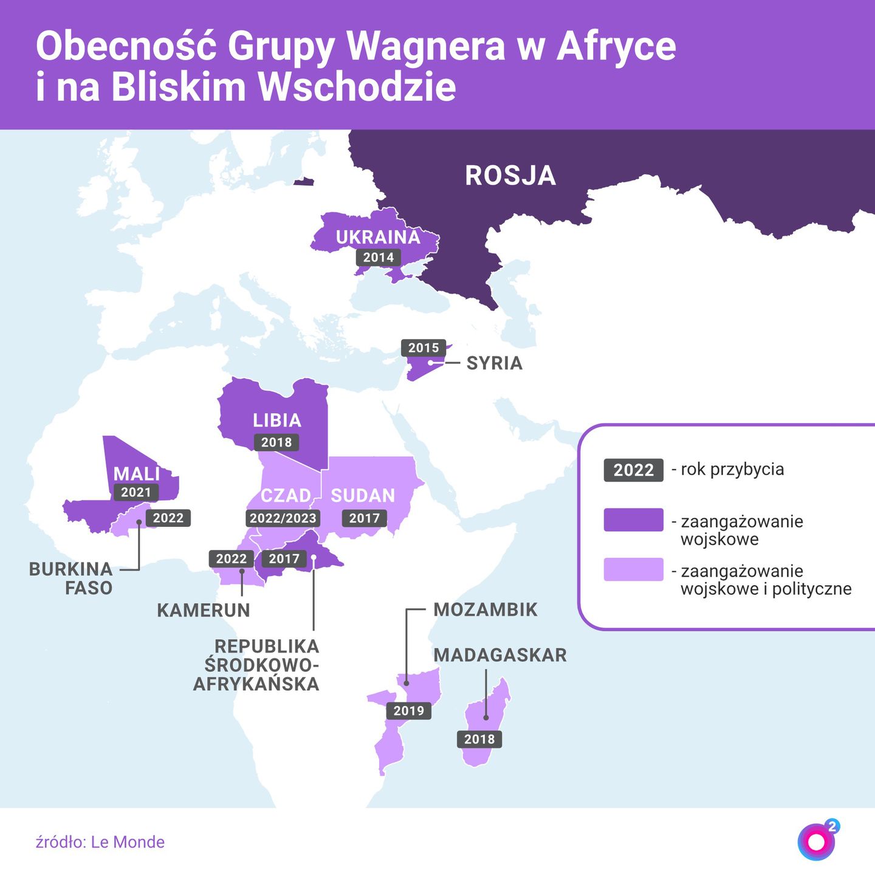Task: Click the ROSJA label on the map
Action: coord(510,176)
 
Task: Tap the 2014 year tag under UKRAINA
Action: coord(379,257)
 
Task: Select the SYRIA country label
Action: coord(494,363)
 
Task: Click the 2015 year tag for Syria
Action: coord(424,348)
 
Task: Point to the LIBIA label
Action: coord(277,420)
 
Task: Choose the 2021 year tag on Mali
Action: coord(136,492)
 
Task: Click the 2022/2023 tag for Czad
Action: coord(283,518)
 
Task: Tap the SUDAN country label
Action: coord(363,496)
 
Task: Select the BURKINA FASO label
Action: coord(71,578)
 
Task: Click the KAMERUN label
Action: coord(204,610)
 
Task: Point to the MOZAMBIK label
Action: coord(486,609)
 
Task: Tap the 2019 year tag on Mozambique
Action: coord(409,710)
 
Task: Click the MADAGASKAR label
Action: coord(500,655)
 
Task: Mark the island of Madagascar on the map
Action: coord(486,720)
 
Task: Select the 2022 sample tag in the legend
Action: coord(633,470)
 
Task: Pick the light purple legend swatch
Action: coord(633,570)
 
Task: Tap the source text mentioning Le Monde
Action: coord(100,842)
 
